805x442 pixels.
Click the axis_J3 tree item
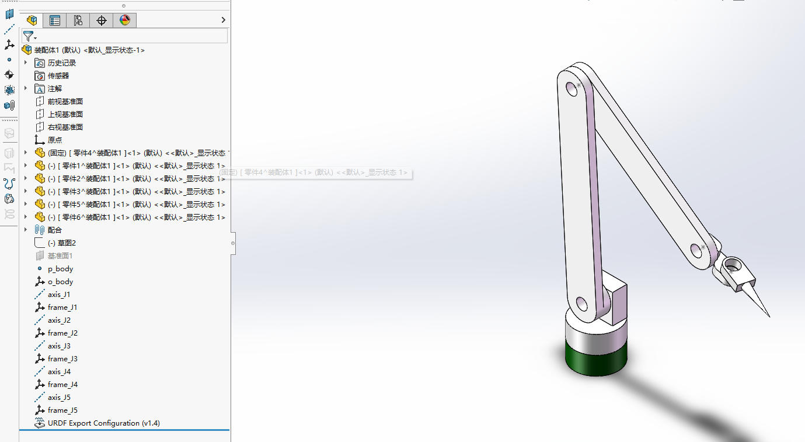pos(59,346)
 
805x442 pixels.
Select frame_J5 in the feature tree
pos(62,410)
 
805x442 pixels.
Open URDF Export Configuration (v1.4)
pos(103,423)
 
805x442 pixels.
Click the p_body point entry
pos(60,269)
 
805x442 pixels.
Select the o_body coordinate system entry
pos(60,282)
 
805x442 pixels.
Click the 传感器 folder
pos(58,76)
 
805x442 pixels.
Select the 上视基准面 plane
pos(65,115)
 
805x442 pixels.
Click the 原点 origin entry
pos(55,140)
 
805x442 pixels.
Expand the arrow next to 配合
pos(26,230)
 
